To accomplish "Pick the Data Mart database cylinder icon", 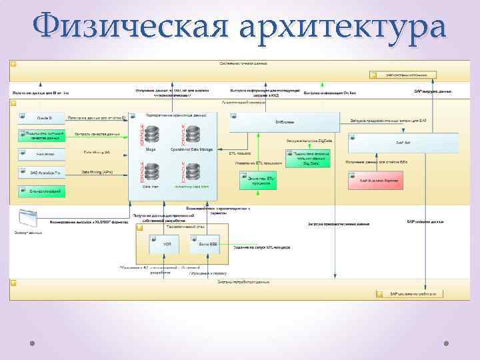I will (x=151, y=173).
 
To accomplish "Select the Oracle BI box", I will (x=41, y=117).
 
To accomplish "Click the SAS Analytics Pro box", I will (x=41, y=172).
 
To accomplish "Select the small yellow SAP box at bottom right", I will (x=406, y=293).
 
